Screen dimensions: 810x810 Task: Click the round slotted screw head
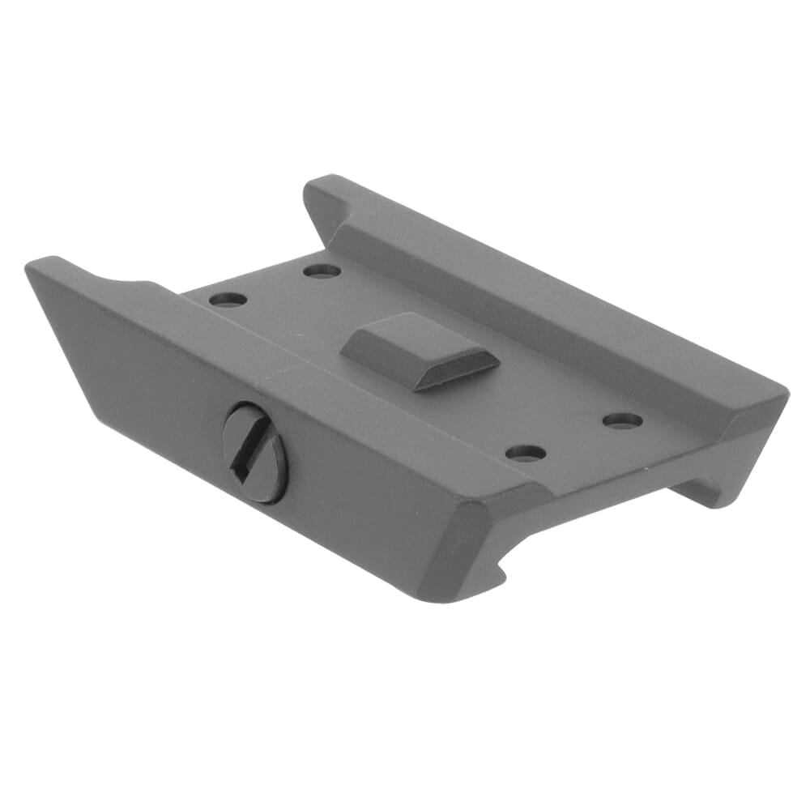[x=255, y=453]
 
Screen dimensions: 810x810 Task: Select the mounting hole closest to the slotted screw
[x=228, y=299]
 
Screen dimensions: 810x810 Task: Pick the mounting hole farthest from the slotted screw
[x=623, y=420]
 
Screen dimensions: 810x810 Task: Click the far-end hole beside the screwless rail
[x=322, y=271]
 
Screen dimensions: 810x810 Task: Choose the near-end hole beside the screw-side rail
[x=526, y=453]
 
